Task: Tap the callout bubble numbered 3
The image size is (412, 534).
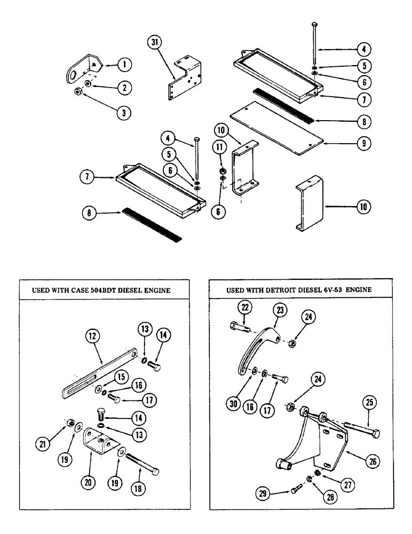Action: tap(125, 112)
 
